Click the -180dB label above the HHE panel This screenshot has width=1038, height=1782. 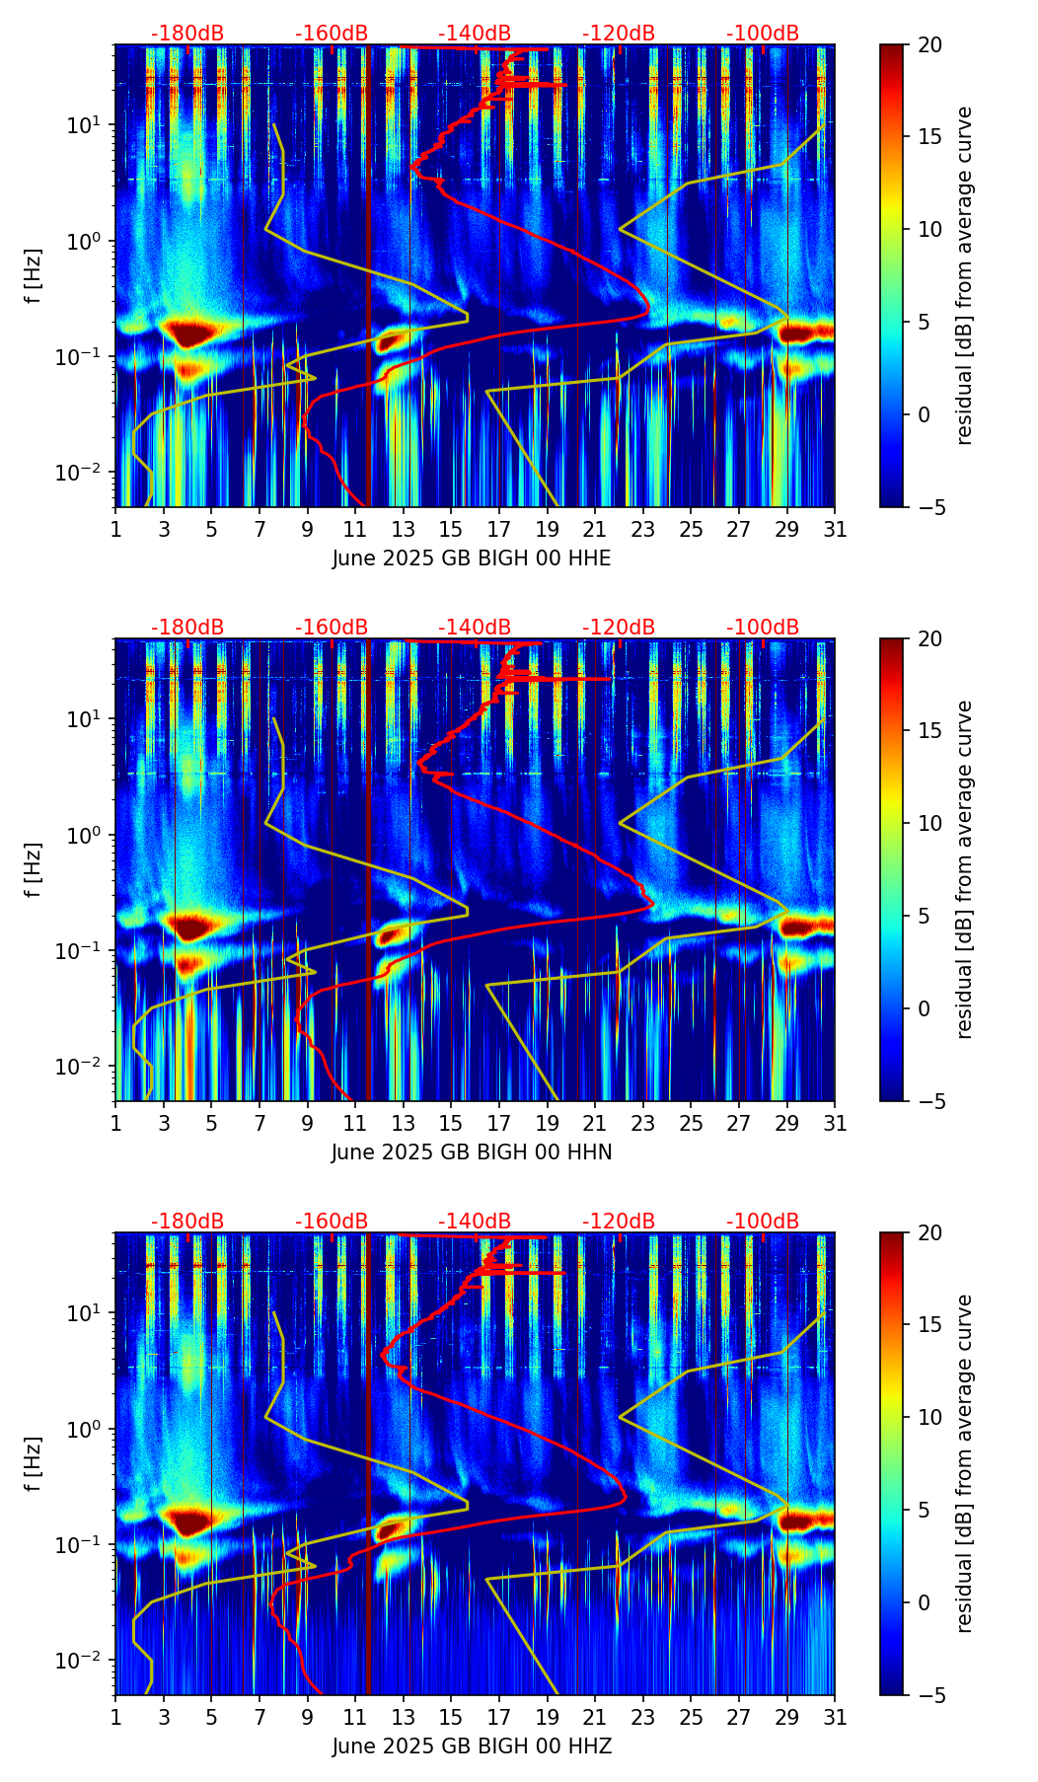187,34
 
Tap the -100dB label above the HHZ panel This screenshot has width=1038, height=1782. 763,1222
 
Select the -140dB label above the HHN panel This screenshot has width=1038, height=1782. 475,628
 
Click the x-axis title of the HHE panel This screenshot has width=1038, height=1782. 472,558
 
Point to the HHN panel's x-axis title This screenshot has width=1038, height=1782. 472,1152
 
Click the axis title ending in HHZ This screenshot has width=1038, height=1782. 472,1746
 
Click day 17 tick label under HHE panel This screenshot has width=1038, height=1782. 499,530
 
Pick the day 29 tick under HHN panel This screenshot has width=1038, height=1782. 787,1124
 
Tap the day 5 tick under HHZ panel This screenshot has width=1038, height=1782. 211,1718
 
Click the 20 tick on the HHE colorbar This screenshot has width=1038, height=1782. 929,44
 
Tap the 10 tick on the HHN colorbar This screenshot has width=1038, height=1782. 929,823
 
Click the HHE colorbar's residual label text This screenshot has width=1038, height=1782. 965,275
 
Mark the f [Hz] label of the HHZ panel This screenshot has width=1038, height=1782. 35,1463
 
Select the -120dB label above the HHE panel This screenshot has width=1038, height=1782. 619,34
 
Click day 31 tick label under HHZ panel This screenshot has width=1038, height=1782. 835,1718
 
